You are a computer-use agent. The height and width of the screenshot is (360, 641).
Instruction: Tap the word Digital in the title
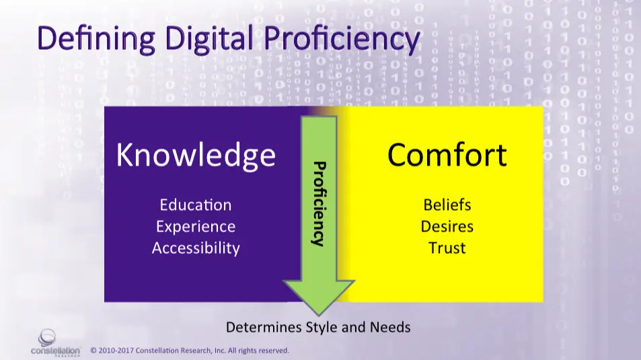pyautogui.click(x=209, y=38)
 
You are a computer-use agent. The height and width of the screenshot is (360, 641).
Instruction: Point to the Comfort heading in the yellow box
pyautogui.click(x=447, y=155)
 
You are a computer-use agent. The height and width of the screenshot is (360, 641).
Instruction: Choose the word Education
pyautogui.click(x=196, y=205)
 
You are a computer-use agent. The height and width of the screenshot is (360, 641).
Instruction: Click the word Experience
pyautogui.click(x=196, y=227)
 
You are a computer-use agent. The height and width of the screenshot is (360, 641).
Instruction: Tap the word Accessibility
pyautogui.click(x=196, y=248)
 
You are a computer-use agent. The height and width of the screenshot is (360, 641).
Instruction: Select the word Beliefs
pyautogui.click(x=447, y=205)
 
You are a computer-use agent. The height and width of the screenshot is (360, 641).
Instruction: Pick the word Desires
pyautogui.click(x=447, y=227)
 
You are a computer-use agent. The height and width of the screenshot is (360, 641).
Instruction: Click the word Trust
pyautogui.click(x=447, y=248)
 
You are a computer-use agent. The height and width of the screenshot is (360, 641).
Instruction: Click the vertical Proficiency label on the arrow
pyautogui.click(x=319, y=204)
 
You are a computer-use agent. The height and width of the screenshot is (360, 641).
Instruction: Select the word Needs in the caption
pyautogui.click(x=390, y=327)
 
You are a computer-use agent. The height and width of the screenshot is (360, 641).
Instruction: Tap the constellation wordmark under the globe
pyautogui.click(x=55, y=351)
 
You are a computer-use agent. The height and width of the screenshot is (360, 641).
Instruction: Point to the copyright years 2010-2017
pyautogui.click(x=116, y=351)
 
